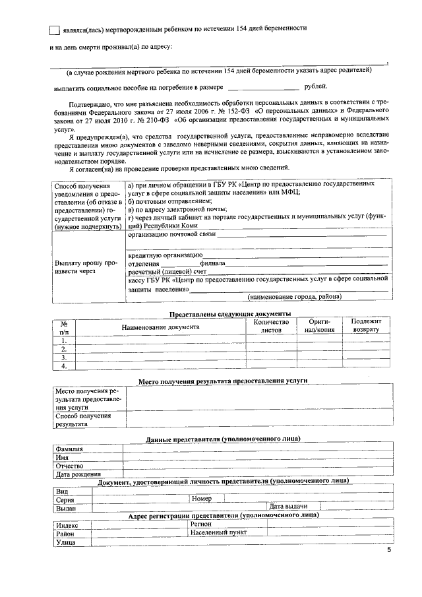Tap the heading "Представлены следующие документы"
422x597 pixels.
(230, 313)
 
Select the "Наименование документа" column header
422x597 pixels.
(160, 327)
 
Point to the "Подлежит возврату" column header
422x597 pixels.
(366, 325)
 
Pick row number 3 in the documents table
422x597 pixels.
(65, 357)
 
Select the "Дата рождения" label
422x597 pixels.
(78, 474)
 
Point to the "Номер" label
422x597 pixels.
(202, 499)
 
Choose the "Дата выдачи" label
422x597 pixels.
(286, 507)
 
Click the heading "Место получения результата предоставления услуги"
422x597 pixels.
(223, 381)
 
